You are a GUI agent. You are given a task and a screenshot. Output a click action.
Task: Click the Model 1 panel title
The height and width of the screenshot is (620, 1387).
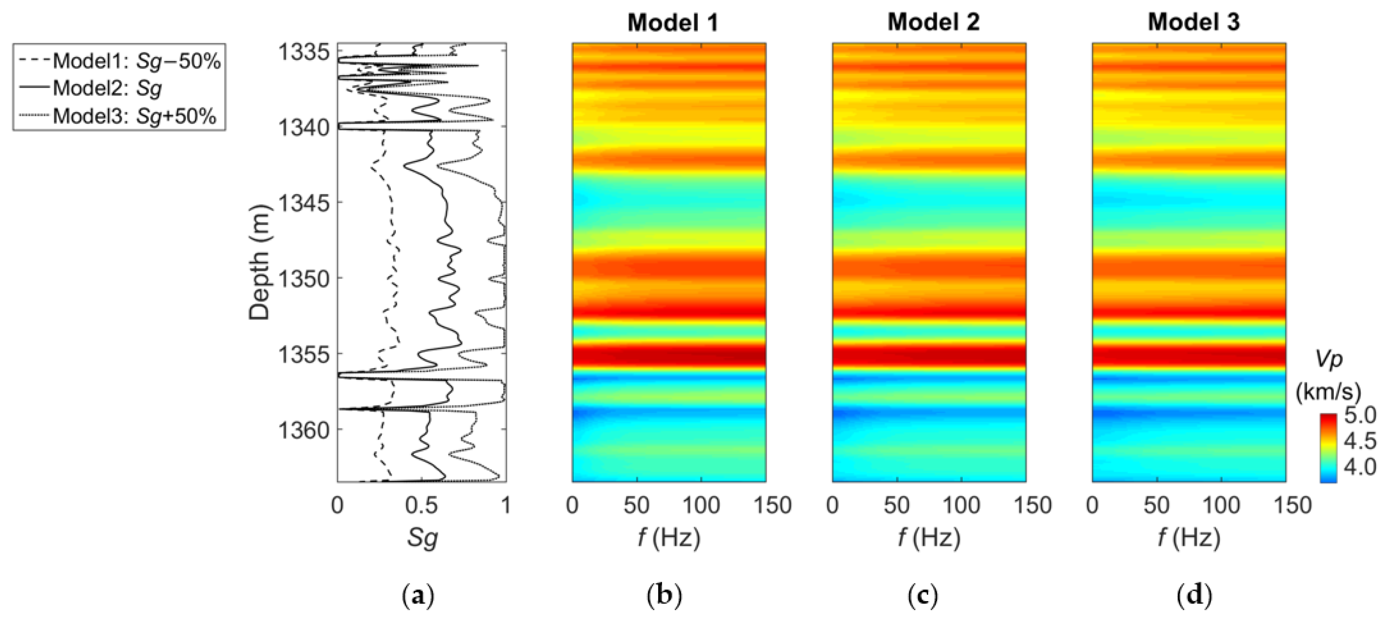click(673, 23)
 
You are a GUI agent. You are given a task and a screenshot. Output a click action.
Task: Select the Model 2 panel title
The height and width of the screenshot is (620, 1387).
click(933, 23)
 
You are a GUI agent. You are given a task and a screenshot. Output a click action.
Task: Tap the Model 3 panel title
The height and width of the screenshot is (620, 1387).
click(1194, 23)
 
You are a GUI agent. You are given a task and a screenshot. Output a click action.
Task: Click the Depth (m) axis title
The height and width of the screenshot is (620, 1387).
click(260, 262)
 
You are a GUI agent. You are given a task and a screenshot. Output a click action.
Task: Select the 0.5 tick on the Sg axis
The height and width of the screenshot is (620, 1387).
click(421, 505)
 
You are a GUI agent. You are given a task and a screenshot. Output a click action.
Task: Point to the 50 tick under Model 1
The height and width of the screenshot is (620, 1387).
click(636, 505)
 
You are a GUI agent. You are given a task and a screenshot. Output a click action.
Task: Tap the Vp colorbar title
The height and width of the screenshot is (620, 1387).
click(1329, 359)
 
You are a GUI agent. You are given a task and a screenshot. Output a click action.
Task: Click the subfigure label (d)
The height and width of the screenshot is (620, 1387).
click(1194, 596)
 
